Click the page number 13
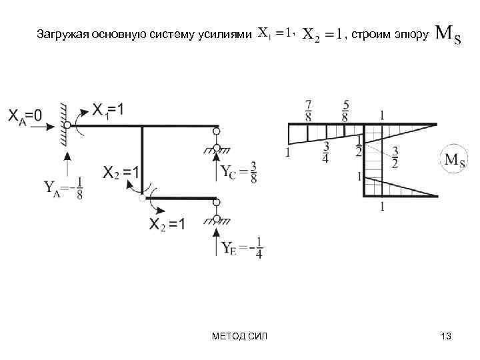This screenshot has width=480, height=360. tap(446, 337)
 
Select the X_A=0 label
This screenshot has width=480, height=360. tap(25, 115)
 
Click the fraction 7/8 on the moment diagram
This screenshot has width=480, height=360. tap(308, 110)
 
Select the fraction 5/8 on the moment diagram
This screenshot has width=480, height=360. tap(345, 110)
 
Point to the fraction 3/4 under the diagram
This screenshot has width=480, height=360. tap(326, 153)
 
